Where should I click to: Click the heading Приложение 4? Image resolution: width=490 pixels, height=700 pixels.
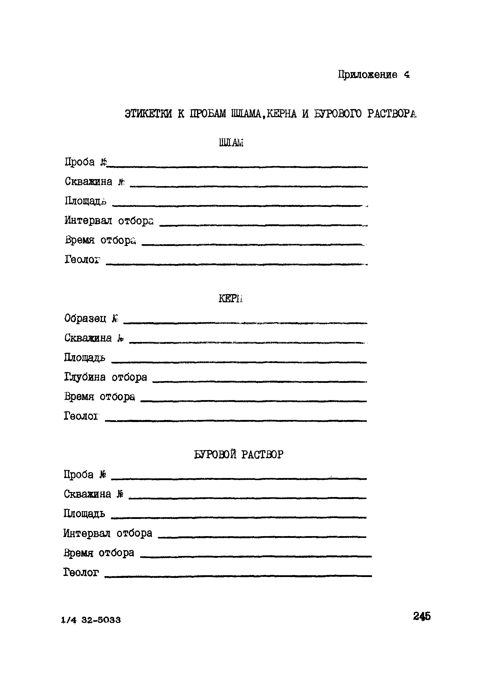[374, 75]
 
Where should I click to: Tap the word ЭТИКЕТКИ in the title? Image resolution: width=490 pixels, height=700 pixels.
[148, 114]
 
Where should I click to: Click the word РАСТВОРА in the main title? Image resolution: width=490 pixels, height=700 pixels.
[392, 114]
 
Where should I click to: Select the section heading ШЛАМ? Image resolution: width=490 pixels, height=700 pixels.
[231, 143]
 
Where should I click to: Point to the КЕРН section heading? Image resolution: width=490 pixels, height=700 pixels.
[230, 299]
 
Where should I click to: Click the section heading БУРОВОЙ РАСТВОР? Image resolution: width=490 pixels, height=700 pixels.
[238, 455]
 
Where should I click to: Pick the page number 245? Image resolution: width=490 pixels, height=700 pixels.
[422, 616]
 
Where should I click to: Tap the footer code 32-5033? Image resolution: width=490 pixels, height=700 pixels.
[101, 620]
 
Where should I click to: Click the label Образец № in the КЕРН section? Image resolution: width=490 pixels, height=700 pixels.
[91, 319]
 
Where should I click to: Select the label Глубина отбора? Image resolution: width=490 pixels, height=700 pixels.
[105, 378]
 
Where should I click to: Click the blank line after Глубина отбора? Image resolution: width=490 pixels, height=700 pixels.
[260, 381]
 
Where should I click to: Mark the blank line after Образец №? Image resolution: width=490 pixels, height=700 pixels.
[245, 322]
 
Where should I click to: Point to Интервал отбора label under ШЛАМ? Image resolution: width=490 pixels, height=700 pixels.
[109, 221]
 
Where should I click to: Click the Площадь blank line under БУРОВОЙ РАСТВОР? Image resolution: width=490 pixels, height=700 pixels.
[238, 517]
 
